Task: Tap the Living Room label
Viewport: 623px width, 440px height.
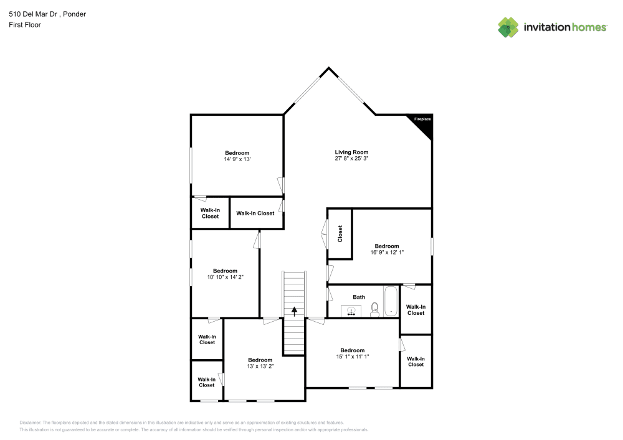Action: coord(351,152)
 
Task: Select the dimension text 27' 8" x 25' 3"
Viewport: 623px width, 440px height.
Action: coord(351,159)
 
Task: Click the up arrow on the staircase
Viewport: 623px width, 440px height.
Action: coord(294,311)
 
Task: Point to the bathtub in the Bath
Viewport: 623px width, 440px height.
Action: coord(391,302)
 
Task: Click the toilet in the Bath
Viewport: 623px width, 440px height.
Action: coord(374,309)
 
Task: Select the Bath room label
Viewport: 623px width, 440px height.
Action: coord(359,297)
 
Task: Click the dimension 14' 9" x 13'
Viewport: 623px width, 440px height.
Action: coord(237,159)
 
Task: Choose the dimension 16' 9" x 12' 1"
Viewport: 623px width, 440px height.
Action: coord(386,253)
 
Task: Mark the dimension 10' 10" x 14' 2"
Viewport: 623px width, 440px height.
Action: coord(225,277)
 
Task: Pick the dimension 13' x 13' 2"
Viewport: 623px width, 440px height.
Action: coord(260,367)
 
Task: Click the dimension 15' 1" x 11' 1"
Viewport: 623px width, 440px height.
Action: coord(352,357)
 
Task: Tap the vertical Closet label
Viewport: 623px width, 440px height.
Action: coord(340,234)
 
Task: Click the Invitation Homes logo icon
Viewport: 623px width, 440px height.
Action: coord(508,27)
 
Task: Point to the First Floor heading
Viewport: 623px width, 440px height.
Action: coord(24,25)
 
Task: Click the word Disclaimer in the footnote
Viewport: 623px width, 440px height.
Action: coord(31,422)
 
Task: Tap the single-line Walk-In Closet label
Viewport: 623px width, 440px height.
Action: coord(255,213)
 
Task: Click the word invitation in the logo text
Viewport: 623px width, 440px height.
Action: coord(546,27)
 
